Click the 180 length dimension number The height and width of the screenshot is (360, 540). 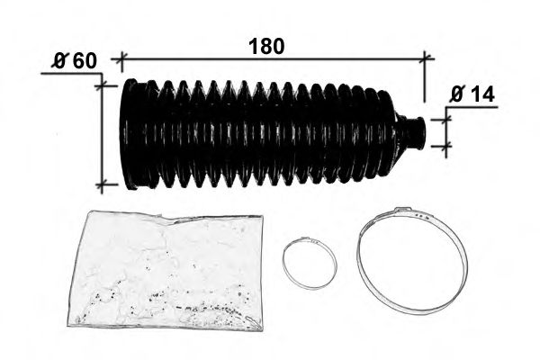(x=266, y=46)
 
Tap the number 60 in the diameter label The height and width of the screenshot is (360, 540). (x=85, y=61)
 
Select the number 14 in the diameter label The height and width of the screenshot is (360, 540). (x=482, y=94)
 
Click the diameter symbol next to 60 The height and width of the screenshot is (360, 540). (x=59, y=61)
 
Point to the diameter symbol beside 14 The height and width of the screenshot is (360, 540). (x=457, y=94)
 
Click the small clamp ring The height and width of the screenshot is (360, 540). (x=283, y=263)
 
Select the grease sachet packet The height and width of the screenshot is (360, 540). (x=166, y=270)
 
